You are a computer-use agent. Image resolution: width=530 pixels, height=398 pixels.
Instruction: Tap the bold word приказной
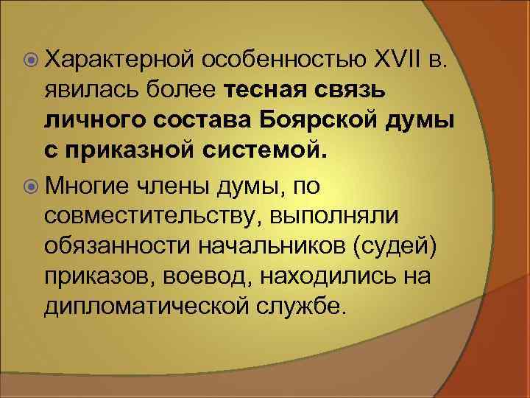pos(139,153)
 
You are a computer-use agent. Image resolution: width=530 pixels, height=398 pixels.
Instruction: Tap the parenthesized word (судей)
pos(397,248)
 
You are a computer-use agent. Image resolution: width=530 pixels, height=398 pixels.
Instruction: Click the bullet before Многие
pos(30,186)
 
